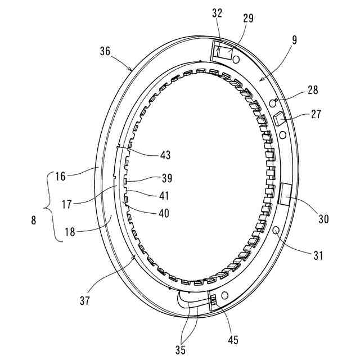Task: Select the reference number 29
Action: click(x=248, y=18)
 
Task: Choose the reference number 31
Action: click(x=318, y=256)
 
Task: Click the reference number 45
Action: click(x=233, y=340)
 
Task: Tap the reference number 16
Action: click(x=60, y=175)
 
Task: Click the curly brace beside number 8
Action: click(x=49, y=206)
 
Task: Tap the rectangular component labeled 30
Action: click(x=283, y=193)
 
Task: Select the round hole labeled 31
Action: click(x=276, y=231)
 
